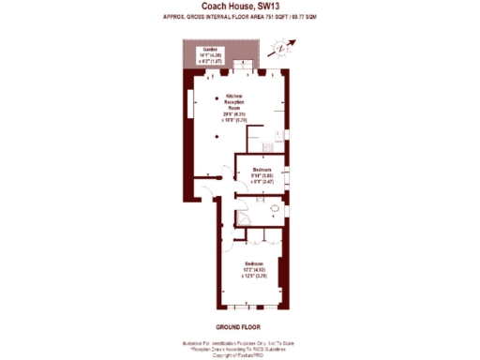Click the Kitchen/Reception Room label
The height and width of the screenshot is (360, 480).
(234, 102)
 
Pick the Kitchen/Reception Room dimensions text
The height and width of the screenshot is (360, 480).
(235, 117)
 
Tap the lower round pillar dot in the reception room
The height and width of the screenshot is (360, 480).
(217, 138)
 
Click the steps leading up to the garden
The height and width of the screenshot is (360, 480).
(242, 67)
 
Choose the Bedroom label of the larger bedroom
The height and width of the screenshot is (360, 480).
(254, 263)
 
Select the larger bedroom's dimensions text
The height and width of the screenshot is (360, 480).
(254, 274)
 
